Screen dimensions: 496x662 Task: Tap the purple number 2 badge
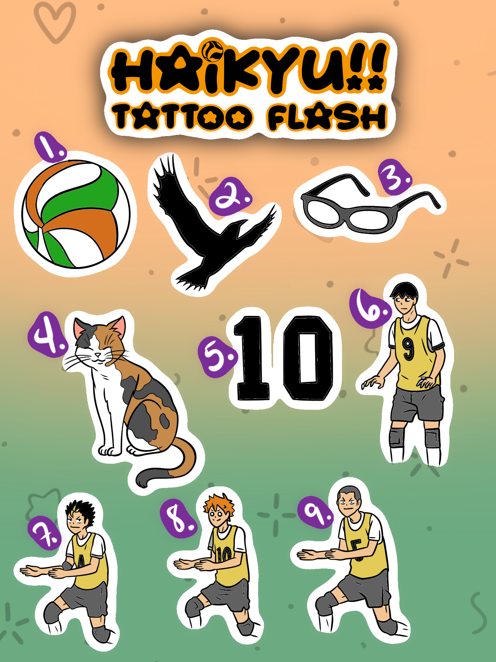click(x=230, y=196)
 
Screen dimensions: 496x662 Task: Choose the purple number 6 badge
click(x=370, y=308)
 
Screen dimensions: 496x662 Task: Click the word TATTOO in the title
click(x=182, y=116)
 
